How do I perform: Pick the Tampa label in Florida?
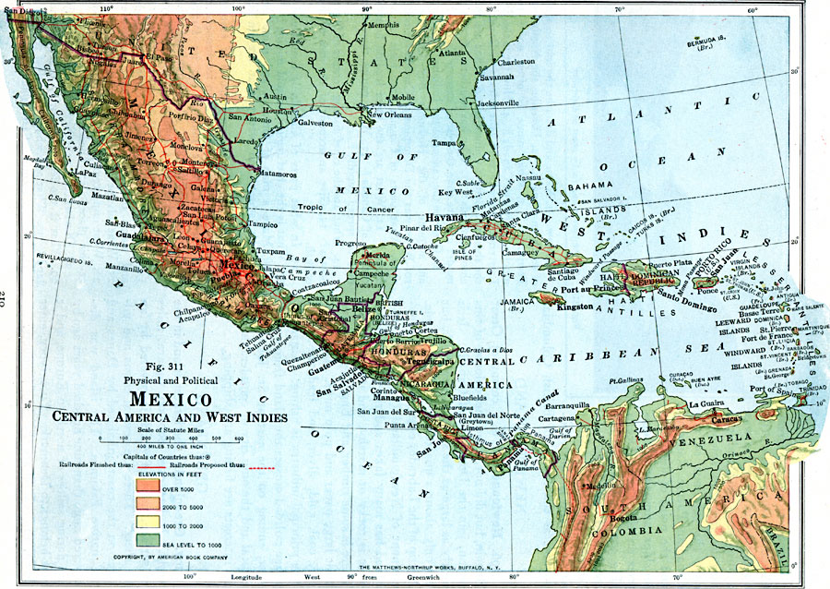446,143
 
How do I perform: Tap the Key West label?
455,192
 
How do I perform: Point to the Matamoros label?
276,173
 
